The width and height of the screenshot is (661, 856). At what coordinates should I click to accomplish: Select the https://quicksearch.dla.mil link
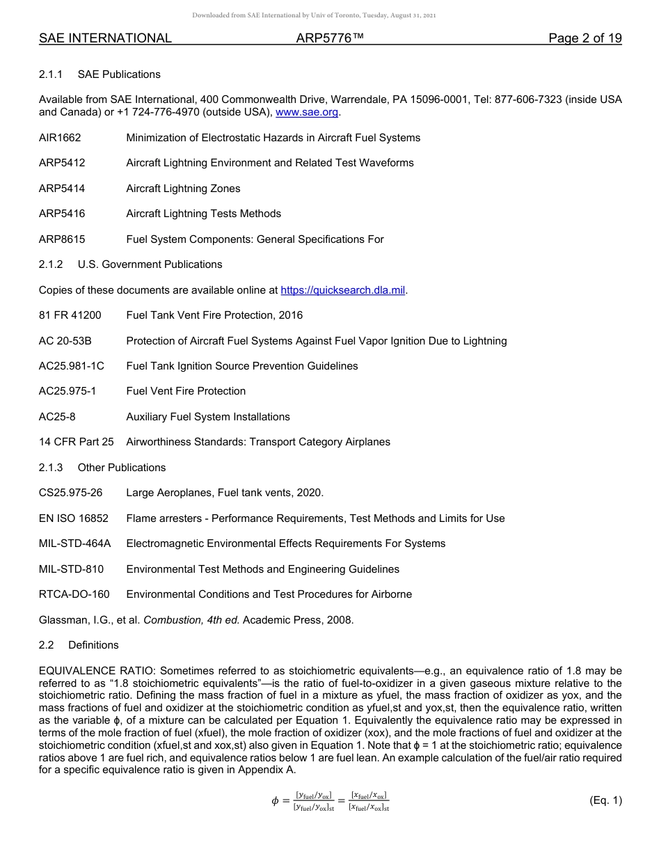point(342,290)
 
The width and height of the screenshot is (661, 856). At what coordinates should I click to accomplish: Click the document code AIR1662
point(60,138)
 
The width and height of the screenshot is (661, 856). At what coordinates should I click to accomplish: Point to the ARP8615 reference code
point(62,239)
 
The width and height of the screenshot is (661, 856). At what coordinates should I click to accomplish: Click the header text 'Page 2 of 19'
point(584,38)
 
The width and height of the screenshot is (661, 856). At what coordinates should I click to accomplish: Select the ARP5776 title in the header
point(330,38)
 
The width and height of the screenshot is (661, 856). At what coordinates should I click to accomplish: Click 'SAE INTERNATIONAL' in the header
point(105,38)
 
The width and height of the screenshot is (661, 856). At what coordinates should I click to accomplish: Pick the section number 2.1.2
point(51,264)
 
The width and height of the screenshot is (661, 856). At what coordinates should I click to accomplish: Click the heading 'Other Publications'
point(122,468)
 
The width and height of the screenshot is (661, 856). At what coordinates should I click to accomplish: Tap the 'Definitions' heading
point(93,645)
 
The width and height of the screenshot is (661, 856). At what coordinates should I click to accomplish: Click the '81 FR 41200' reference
point(70,315)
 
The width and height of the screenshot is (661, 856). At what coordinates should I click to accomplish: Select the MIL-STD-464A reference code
point(74,544)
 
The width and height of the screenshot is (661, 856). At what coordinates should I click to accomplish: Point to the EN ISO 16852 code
point(74,518)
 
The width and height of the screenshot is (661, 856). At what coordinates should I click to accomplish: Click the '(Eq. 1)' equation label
point(605,800)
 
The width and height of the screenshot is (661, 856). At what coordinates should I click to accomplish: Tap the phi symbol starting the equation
point(275,801)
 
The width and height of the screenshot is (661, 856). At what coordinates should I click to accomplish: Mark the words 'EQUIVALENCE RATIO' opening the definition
point(97,671)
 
